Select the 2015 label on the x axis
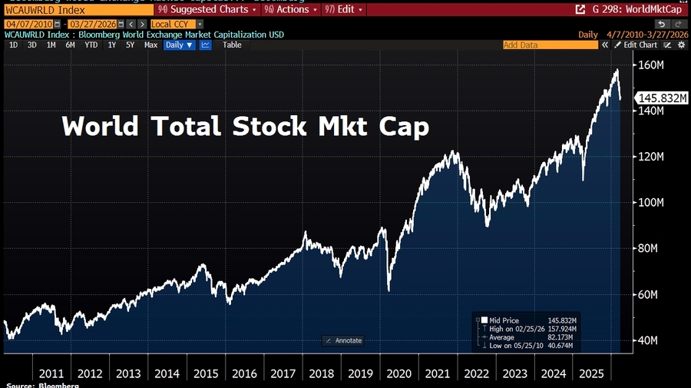205,373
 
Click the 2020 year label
398,373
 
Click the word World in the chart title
99,126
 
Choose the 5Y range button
131,45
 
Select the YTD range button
91,45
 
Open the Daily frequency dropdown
180,45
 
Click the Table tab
232,45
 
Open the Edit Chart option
637,45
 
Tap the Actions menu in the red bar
291,9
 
